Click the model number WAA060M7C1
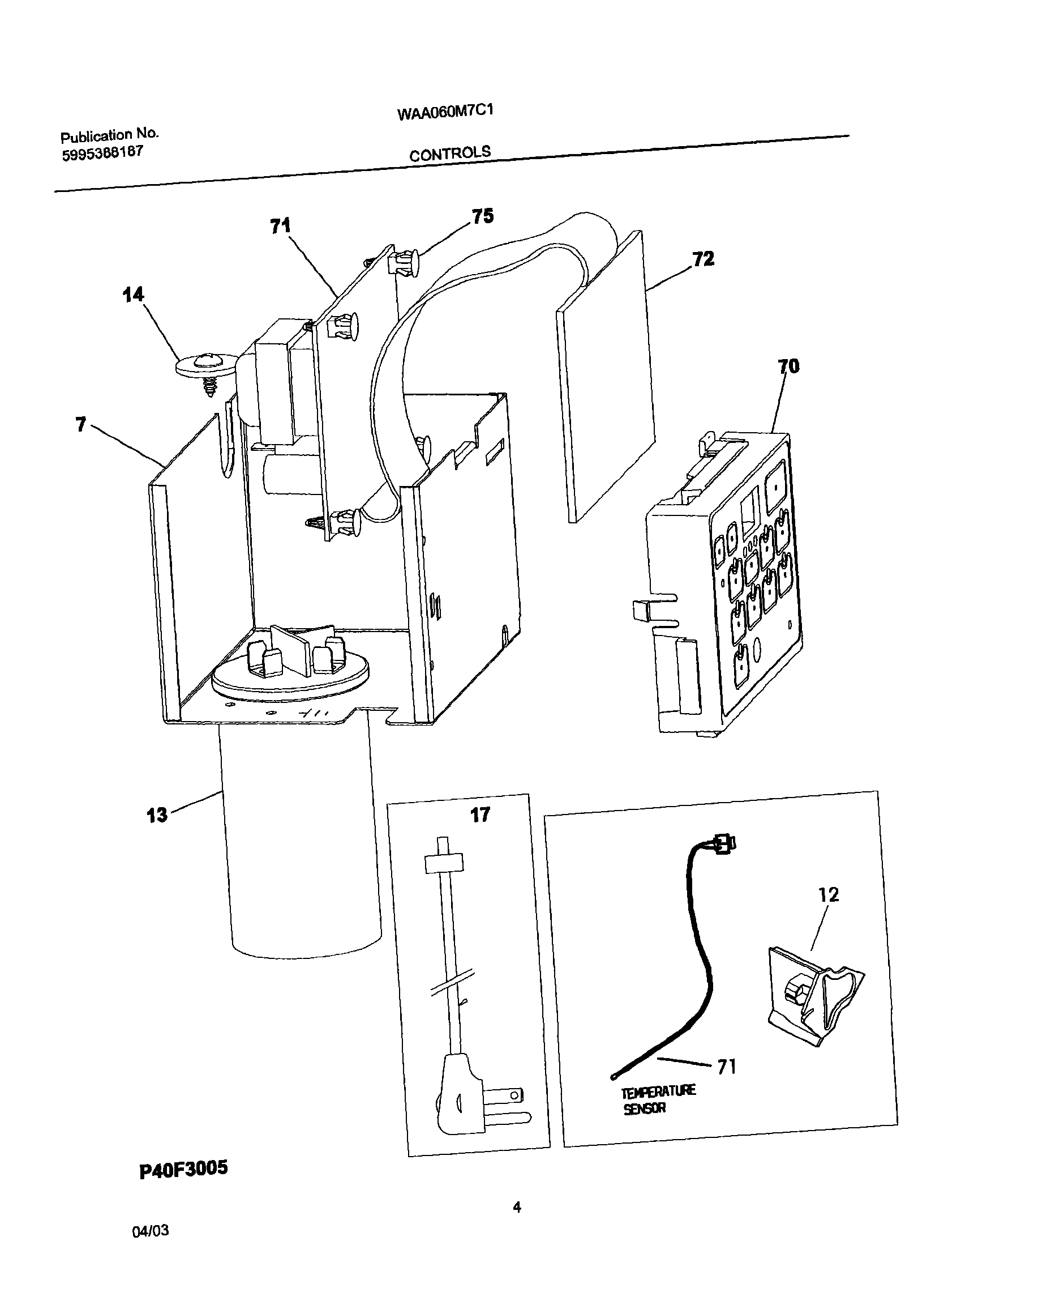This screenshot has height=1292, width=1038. click(x=445, y=112)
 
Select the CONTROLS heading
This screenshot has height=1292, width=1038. click(x=450, y=154)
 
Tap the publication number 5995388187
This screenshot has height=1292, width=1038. click(x=102, y=153)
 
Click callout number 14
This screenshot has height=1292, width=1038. click(x=133, y=295)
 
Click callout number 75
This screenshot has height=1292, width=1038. click(x=483, y=216)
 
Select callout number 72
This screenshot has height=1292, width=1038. click(x=703, y=259)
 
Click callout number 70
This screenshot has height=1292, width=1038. click(x=788, y=366)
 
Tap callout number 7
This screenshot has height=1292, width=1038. click(x=81, y=424)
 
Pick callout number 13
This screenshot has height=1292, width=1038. click(x=157, y=815)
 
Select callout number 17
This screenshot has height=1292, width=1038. click(x=480, y=815)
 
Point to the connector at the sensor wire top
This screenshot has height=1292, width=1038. click(x=723, y=844)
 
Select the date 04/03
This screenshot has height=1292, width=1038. click(x=151, y=1231)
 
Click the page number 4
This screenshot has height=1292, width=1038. click(x=517, y=1208)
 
